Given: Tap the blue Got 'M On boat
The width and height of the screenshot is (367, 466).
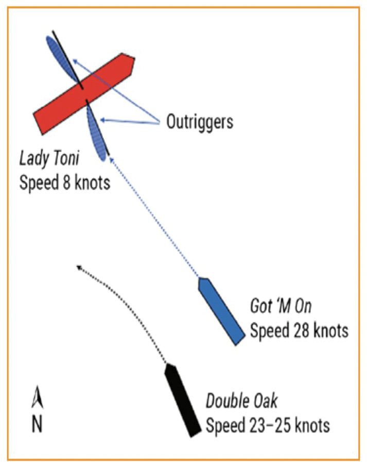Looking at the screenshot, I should (221, 310).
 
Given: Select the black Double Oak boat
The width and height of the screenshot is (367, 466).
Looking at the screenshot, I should (182, 400).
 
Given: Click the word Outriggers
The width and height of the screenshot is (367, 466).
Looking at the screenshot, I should (199, 122).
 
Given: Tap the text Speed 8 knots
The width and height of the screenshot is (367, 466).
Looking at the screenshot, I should (64, 182).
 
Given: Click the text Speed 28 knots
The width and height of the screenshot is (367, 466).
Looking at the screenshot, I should (299, 330).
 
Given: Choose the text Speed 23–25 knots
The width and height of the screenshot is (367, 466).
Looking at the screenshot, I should (268, 426).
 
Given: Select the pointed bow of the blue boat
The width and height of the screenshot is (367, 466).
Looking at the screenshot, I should (202, 279).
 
